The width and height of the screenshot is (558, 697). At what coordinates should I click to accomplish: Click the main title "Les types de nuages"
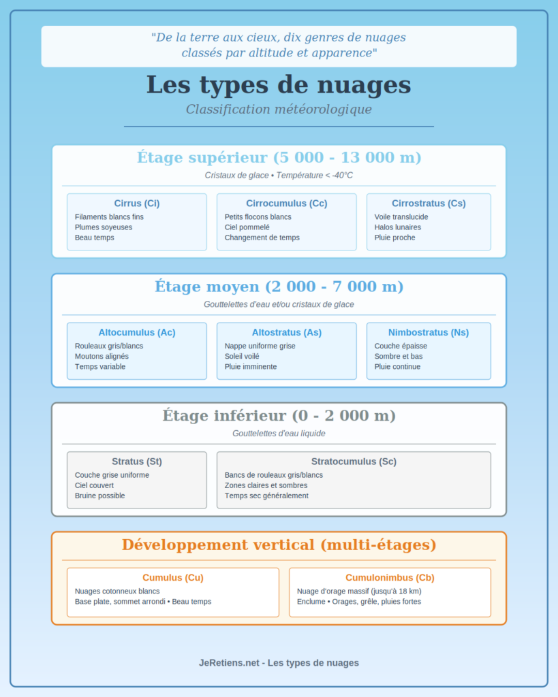tap(279, 85)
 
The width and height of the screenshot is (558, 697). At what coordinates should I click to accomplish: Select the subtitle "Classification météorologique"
tap(279, 109)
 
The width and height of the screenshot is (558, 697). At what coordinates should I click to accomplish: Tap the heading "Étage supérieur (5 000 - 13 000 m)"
tap(279, 157)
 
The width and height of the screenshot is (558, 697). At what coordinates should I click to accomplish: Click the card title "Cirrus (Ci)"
tap(137, 204)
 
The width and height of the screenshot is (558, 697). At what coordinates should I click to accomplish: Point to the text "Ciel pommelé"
tap(247, 227)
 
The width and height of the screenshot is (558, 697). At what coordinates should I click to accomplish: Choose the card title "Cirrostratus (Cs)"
tap(429, 204)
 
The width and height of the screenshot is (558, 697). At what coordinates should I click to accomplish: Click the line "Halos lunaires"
tap(398, 227)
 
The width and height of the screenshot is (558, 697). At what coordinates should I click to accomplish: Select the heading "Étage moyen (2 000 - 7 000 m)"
tap(279, 287)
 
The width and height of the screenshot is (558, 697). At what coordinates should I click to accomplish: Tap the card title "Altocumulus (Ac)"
tap(137, 333)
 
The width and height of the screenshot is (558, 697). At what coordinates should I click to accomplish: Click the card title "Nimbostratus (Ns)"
tap(429, 333)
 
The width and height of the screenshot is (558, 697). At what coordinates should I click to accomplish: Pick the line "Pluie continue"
tap(397, 367)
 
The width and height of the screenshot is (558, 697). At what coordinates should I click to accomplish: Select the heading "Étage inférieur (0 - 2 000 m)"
tap(279, 415)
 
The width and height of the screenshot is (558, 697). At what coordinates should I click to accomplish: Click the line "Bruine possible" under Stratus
tap(99, 496)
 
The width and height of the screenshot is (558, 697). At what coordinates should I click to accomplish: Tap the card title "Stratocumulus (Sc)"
tap(354, 461)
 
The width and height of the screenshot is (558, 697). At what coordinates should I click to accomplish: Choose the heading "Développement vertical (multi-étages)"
tap(279, 545)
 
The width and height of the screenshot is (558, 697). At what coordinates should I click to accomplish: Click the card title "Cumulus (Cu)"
tap(173, 578)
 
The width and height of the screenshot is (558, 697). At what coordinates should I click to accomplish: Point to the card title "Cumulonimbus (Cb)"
tap(390, 578)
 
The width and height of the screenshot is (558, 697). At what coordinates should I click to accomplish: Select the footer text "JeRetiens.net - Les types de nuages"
tap(279, 662)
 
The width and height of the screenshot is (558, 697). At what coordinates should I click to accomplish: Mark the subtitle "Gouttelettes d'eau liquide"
tap(279, 433)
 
